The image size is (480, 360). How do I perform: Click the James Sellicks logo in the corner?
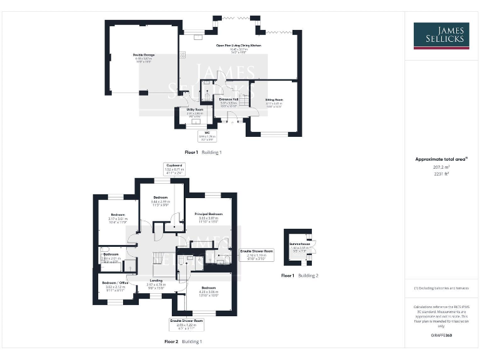click(x=442, y=36)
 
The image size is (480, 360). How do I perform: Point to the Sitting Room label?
click(x=274, y=101)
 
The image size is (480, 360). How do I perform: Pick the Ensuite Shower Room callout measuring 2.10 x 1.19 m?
click(x=256, y=253)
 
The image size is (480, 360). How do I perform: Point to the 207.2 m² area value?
click(x=441, y=167)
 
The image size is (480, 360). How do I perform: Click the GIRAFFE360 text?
click(x=441, y=336)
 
